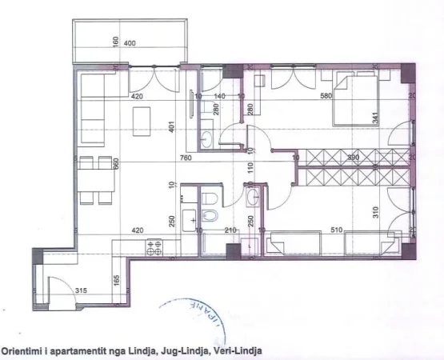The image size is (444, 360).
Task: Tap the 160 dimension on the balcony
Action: pyautogui.click(x=116, y=41)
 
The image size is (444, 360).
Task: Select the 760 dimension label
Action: pyautogui.click(x=186, y=158)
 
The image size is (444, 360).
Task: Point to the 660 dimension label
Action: pyautogui.click(x=115, y=163)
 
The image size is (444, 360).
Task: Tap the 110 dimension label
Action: pyautogui.click(x=250, y=168)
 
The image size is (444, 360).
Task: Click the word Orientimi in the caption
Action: pyautogui.click(x=23, y=350)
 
